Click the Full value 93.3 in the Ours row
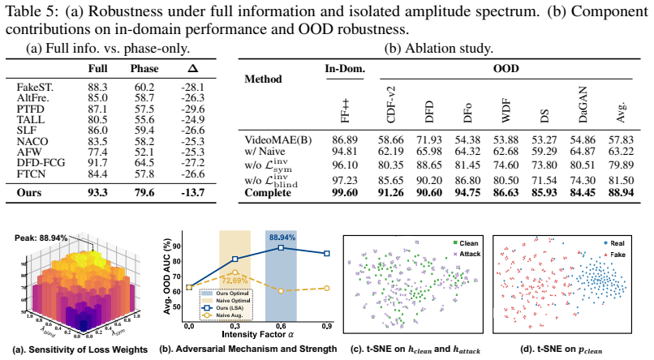coord(97,192)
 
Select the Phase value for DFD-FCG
coord(144,162)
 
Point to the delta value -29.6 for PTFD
coord(192,109)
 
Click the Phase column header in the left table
coord(144,68)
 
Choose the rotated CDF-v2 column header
coord(391,105)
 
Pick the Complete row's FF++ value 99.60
coord(345,192)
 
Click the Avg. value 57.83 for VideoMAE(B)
coord(621,140)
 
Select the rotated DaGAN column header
coord(583,105)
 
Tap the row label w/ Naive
coord(265,151)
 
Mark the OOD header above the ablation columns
coord(506,68)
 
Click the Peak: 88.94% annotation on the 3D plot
coord(41,238)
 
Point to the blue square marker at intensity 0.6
coord(281,247)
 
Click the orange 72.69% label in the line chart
coord(234,281)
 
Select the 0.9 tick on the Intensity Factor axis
coord(326,326)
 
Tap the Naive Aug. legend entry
coord(230,315)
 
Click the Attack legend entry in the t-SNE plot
coord(467,254)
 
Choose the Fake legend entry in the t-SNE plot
coord(614,255)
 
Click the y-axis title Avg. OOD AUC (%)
coord(167,276)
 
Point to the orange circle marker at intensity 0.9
coord(326,289)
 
